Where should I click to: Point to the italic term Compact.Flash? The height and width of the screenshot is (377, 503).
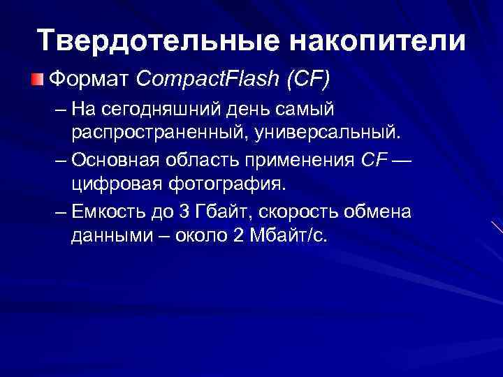[205, 78]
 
